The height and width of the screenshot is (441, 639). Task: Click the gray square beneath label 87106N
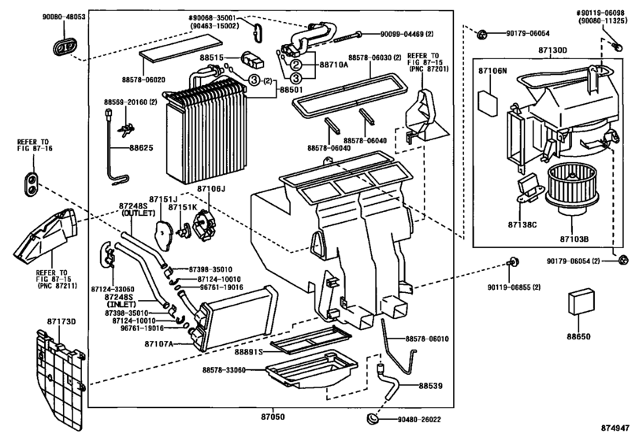491,102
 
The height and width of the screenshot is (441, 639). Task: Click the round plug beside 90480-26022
373,417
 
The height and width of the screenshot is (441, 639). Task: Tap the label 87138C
524,225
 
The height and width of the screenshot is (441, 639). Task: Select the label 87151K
184,207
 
